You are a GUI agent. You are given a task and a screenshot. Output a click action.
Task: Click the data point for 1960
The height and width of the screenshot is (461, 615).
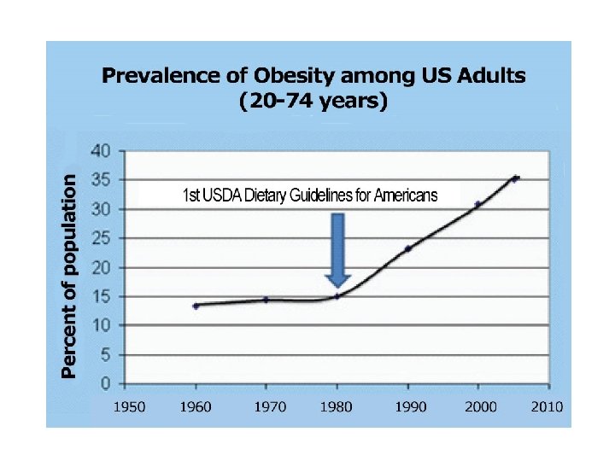point(196,306)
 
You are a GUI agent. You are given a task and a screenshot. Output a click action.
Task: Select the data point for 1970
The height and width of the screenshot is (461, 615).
point(266,300)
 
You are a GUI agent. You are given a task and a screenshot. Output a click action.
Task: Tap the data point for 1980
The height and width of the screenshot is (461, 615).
point(337,296)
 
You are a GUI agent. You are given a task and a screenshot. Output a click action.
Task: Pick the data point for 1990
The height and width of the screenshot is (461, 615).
point(408,248)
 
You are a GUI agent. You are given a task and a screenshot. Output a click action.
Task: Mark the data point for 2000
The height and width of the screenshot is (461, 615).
point(478,204)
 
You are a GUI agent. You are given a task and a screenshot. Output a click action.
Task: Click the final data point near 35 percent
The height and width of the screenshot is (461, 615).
point(515,178)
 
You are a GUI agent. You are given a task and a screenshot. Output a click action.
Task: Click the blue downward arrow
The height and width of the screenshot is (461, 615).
point(338,249)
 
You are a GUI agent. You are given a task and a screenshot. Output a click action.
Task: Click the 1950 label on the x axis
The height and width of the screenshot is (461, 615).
point(130,406)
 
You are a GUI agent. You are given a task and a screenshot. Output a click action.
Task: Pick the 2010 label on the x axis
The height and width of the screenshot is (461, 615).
point(547,406)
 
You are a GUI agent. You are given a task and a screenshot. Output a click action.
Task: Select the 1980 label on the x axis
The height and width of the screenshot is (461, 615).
point(338,406)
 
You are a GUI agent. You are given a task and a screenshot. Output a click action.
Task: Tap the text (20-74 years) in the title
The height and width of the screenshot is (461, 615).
point(314,102)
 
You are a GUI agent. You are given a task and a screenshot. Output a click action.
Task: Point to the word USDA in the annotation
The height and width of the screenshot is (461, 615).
point(220,196)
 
